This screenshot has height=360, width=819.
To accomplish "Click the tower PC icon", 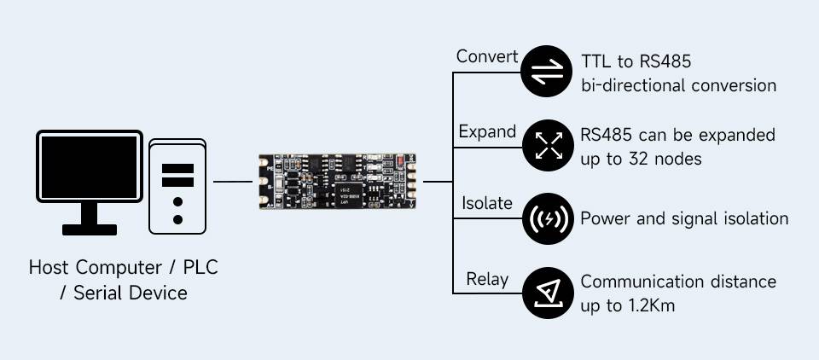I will point(177,186).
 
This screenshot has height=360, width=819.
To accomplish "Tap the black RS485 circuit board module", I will point(338,182).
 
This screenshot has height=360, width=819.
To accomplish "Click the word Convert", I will point(486,57).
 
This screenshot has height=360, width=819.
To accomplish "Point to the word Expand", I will point(487,131).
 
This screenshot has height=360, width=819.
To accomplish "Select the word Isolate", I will point(487,204).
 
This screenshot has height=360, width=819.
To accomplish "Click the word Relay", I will point(487,279).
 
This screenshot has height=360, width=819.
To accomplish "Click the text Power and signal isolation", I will point(683,218).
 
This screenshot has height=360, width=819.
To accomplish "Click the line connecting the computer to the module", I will point(232,182).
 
